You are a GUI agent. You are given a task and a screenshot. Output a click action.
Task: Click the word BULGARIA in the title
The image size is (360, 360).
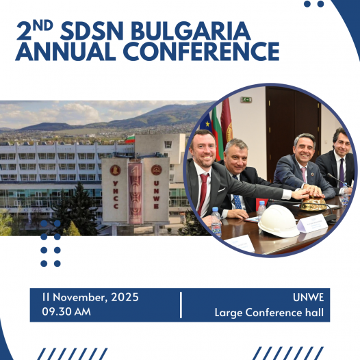(x=190, y=31)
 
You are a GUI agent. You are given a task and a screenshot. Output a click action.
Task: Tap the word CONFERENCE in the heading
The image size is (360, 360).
(x=201, y=51)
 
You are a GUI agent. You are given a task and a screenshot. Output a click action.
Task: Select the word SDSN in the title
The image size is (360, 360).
(x=92, y=31)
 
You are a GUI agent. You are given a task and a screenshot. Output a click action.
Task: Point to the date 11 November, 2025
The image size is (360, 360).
(x=90, y=297)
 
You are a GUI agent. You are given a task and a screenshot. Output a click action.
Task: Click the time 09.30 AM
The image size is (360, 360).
(x=66, y=311)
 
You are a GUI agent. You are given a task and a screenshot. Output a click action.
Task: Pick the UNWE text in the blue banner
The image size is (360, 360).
(x=309, y=298)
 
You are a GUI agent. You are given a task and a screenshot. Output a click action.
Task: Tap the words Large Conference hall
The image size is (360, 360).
(x=269, y=313)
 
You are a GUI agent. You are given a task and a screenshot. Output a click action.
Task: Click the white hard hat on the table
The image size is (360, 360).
(x=279, y=220)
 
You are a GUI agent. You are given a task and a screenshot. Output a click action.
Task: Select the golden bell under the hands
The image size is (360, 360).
(x=313, y=204)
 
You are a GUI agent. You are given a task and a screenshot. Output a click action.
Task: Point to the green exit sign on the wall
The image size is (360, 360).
(x=246, y=100)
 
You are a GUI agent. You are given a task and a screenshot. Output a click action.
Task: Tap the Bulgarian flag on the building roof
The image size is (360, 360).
(x=130, y=138)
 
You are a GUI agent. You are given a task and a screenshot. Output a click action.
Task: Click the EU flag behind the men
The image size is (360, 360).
(x=206, y=123)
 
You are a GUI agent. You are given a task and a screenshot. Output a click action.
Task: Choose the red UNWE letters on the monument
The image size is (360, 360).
(x=156, y=194)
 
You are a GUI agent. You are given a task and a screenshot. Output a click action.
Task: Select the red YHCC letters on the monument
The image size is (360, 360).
(x=116, y=194)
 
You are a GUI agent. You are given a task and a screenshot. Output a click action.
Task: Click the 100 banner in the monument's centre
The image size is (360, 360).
(x=136, y=193)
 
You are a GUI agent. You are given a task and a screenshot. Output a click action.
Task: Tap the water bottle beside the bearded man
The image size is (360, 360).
(x=216, y=222)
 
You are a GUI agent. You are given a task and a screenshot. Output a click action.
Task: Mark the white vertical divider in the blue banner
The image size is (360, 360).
(x=181, y=305)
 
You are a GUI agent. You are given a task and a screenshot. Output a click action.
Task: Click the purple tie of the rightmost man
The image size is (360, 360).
(x=342, y=172)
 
